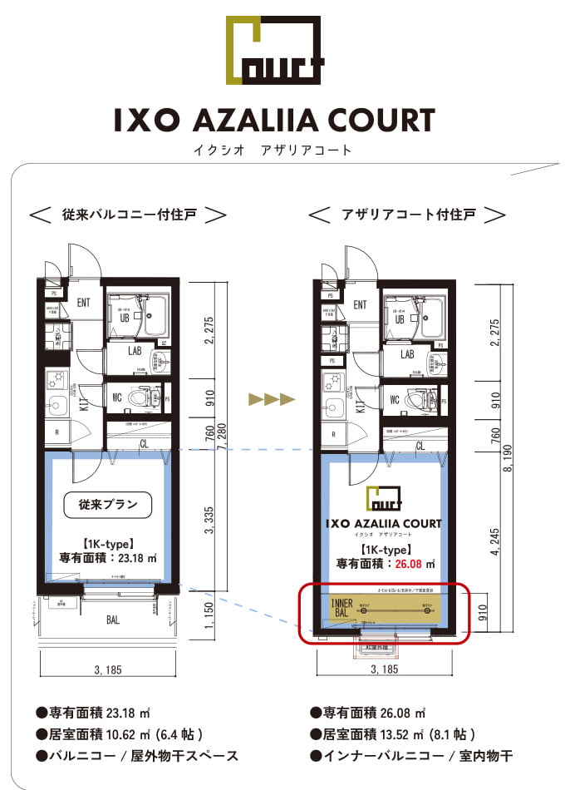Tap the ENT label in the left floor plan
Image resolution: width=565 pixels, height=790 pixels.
[x=84, y=303]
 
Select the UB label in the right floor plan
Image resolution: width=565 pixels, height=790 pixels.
[x=399, y=318]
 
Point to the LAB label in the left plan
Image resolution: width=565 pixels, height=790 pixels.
[x=136, y=352]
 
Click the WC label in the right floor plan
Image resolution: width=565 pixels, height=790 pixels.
[x=395, y=399]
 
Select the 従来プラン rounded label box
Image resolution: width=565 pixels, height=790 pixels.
[x=108, y=503]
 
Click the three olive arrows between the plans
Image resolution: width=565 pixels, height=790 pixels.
[x=272, y=399]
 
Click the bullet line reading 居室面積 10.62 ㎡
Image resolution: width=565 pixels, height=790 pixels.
[x=120, y=734]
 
